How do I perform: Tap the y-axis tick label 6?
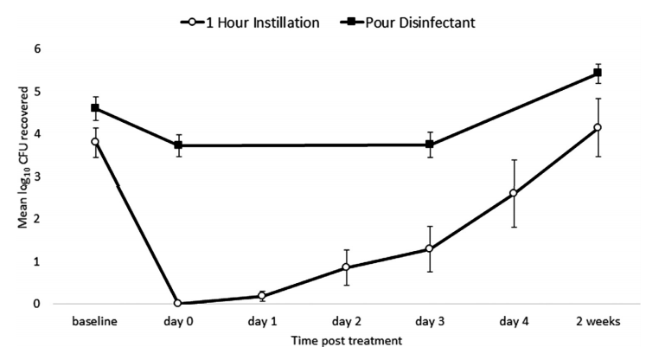tap(37, 49)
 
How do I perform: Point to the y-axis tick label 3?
tap(37, 177)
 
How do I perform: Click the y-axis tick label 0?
tap(37, 304)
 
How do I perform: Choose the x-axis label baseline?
tap(94, 321)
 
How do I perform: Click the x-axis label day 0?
tap(178, 321)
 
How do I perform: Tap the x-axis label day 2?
tap(346, 321)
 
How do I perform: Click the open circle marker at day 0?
tap(178, 304)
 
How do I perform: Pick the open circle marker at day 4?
tap(514, 194)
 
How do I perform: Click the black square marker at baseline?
tap(94, 108)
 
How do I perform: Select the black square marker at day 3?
tap(430, 145)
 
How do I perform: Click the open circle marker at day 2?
tap(346, 267)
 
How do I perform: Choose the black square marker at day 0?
tap(178, 145)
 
